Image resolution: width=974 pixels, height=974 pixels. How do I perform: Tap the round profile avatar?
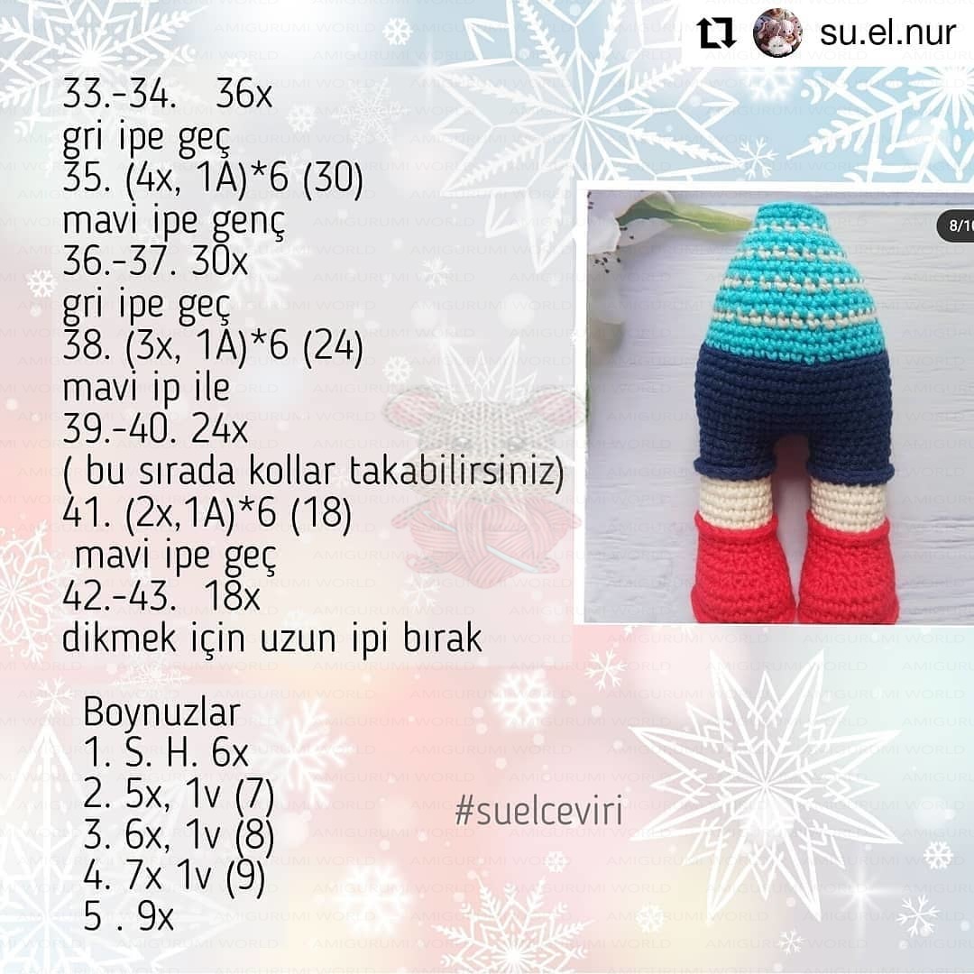[x=777, y=34]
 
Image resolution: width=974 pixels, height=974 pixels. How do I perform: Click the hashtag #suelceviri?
[x=538, y=813]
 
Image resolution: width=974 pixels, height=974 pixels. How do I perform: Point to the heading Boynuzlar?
[x=161, y=712]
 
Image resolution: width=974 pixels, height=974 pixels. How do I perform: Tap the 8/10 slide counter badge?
[x=956, y=225]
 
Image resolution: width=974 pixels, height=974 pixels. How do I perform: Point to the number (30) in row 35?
[x=333, y=182]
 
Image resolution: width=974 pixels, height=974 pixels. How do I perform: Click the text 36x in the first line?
[x=243, y=96]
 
